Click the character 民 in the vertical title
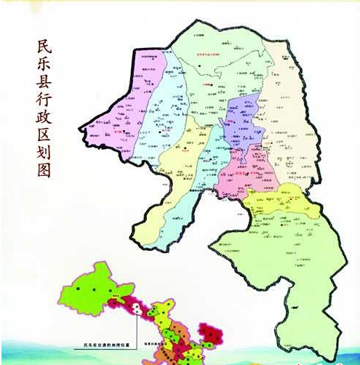(x=44, y=45)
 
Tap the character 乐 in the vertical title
(x=44, y=65)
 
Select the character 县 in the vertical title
(x=44, y=85)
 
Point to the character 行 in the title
(x=44, y=106)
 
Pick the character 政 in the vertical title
(x=44, y=127)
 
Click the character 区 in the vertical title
(x=44, y=147)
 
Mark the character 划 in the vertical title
(x=44, y=167)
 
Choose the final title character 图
(x=44, y=188)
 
